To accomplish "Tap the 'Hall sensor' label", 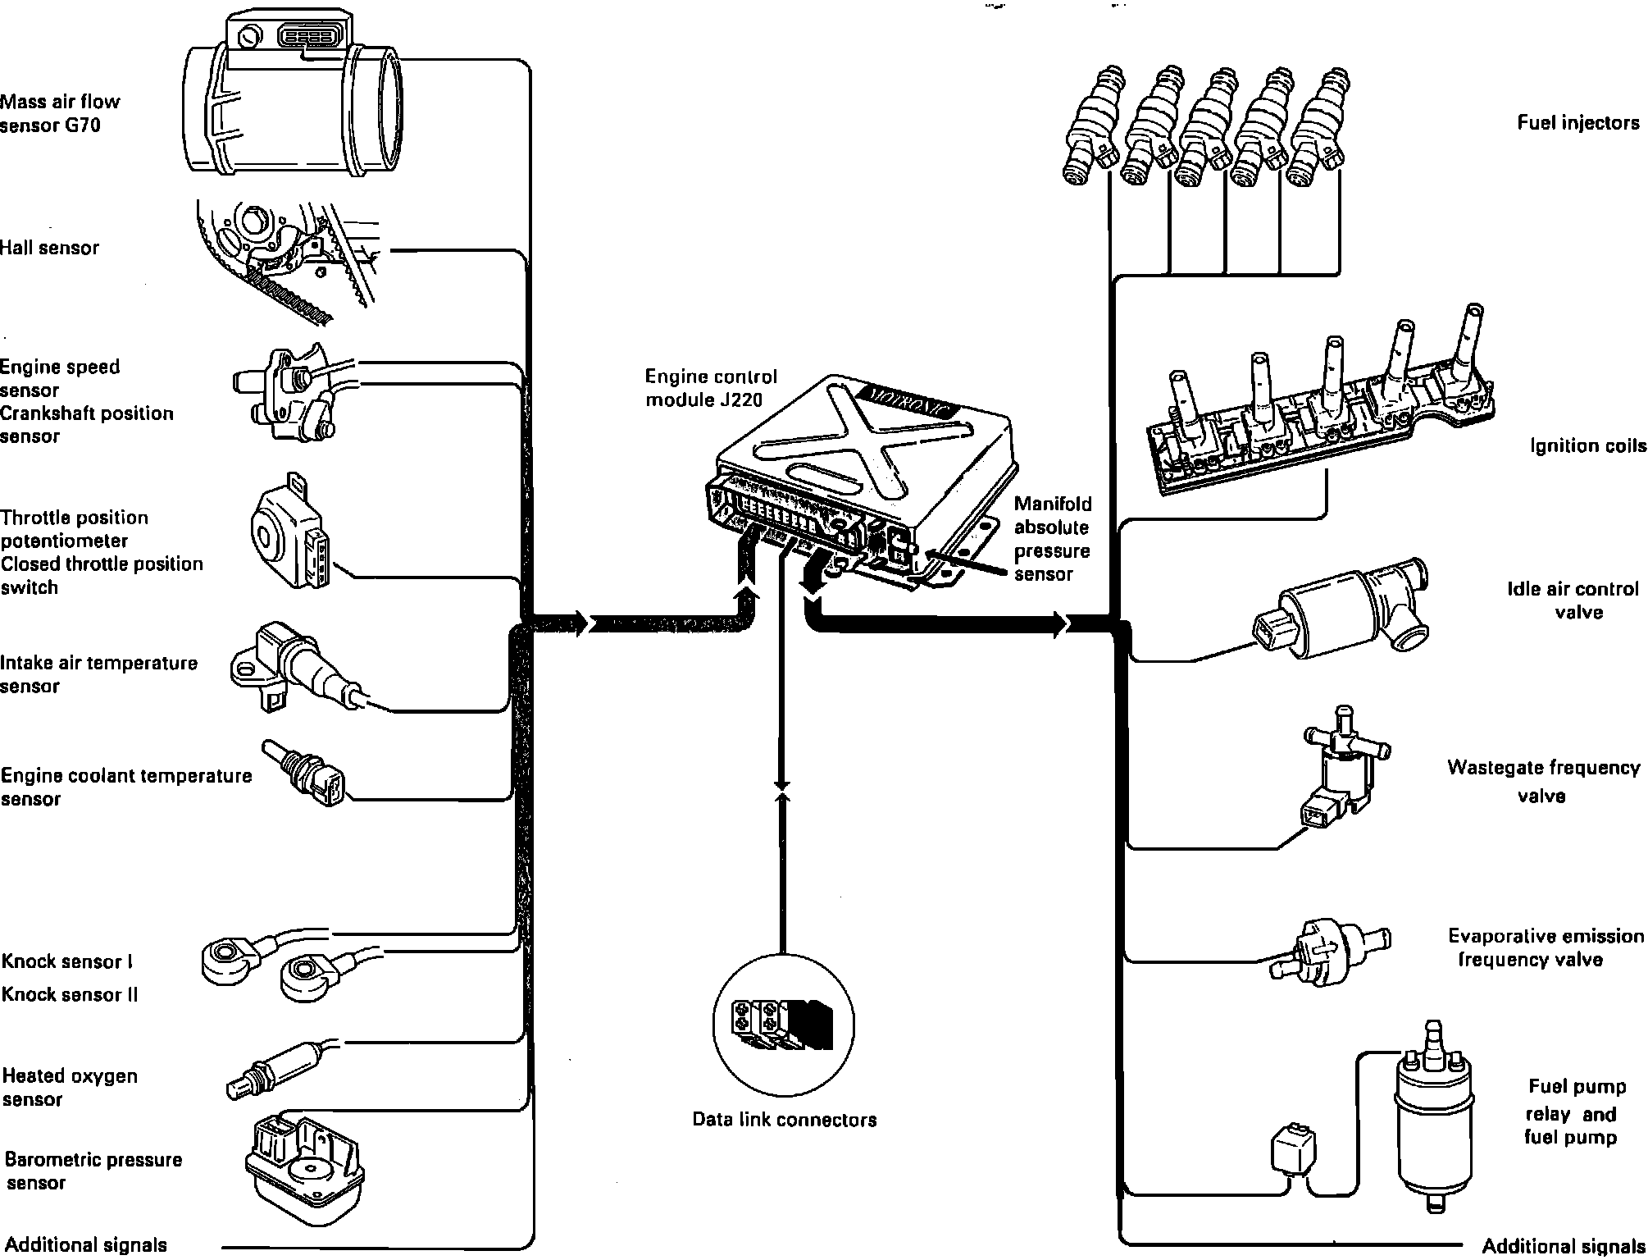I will pos(49,248).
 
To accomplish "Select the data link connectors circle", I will pos(783,1025).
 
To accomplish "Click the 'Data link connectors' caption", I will pos(784,1120).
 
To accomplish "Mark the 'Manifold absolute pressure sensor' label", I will pos(1053,539).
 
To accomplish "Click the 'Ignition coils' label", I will pos(1587,445).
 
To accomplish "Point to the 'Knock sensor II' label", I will pos(70,995).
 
